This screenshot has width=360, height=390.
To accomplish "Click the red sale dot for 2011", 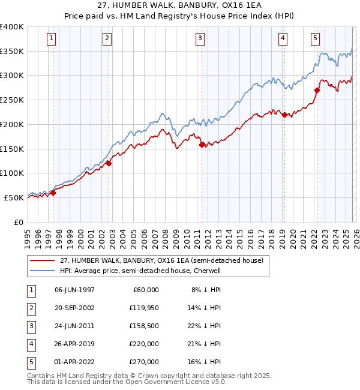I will click(x=202, y=144).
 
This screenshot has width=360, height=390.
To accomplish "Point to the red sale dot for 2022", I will click(x=316, y=90).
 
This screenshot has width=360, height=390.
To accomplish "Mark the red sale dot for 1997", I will click(x=53, y=193).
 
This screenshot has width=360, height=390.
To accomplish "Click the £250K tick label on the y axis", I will click(x=12, y=100).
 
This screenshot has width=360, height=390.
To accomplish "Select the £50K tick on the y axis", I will click(x=14, y=197).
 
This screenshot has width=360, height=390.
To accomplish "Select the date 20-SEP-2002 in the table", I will click(x=74, y=308).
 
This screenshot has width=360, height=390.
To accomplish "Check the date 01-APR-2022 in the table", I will click(x=74, y=362).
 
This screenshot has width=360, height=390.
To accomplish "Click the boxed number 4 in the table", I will click(x=29, y=344).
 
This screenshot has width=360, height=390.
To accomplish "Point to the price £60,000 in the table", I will click(x=145, y=290).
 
